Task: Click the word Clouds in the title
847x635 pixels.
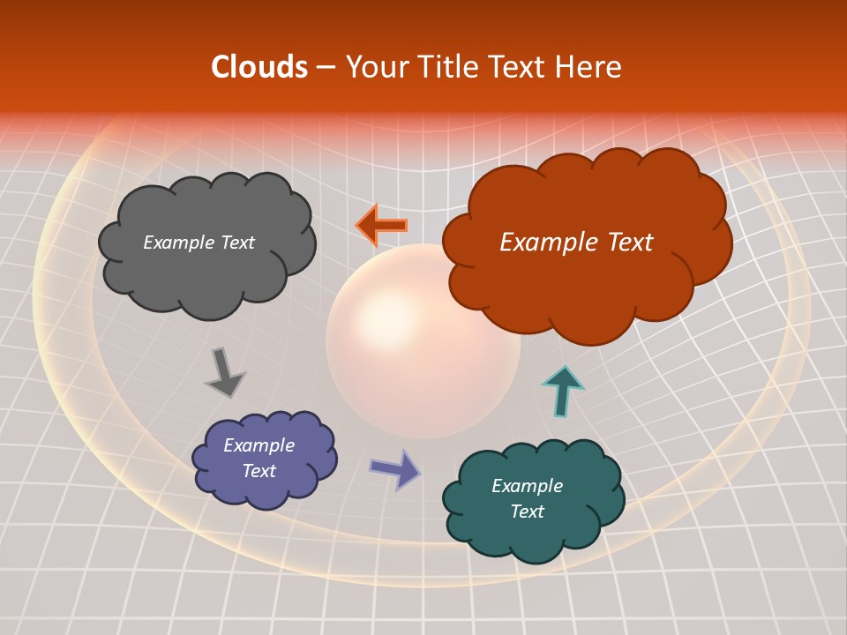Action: [x=259, y=67]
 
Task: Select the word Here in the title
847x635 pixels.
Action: [x=591, y=67]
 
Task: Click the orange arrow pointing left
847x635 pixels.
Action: [x=381, y=225]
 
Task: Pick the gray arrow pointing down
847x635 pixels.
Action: [x=224, y=371]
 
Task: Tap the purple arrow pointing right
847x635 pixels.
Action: [x=395, y=468]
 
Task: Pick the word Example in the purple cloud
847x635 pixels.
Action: [x=259, y=445]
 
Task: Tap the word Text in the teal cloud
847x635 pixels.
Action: [x=527, y=512]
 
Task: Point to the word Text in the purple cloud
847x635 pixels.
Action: [x=259, y=471]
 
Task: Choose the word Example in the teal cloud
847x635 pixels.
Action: [x=527, y=486]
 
